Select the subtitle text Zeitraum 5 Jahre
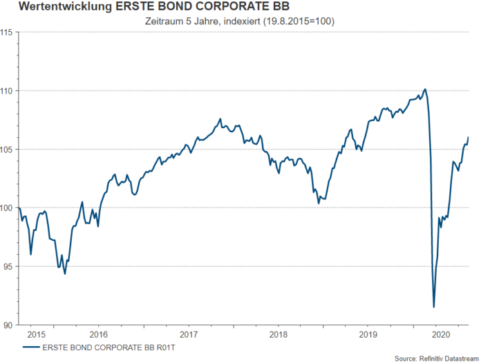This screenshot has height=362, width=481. point(182,21)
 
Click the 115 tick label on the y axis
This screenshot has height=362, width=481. point(9,32)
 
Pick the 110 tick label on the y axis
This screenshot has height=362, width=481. point(9,91)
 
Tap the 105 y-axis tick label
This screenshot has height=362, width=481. point(9,150)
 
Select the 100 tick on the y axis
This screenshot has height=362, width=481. point(9,208)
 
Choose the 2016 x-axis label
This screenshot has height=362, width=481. point(98,334)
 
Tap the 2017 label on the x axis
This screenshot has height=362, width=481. point(188,334)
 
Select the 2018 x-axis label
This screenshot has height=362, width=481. point(278,334)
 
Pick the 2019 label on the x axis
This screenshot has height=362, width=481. point(368,334)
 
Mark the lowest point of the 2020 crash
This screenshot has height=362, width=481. point(433,307)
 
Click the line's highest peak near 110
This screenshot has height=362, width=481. point(424,89)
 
